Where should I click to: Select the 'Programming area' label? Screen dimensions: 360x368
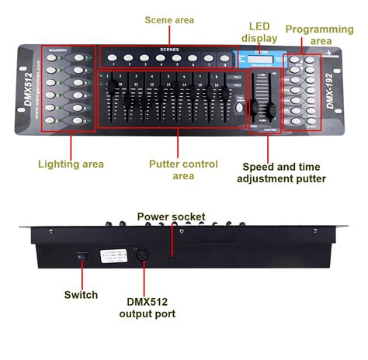click(319, 34)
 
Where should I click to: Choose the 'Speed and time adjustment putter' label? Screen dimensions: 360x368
click(284, 171)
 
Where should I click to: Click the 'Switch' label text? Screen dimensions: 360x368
click(81, 294)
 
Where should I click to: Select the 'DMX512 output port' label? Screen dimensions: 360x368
click(147, 307)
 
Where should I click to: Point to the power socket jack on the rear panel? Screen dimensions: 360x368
click(172, 256)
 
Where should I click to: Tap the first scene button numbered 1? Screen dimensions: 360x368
click(113, 58)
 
